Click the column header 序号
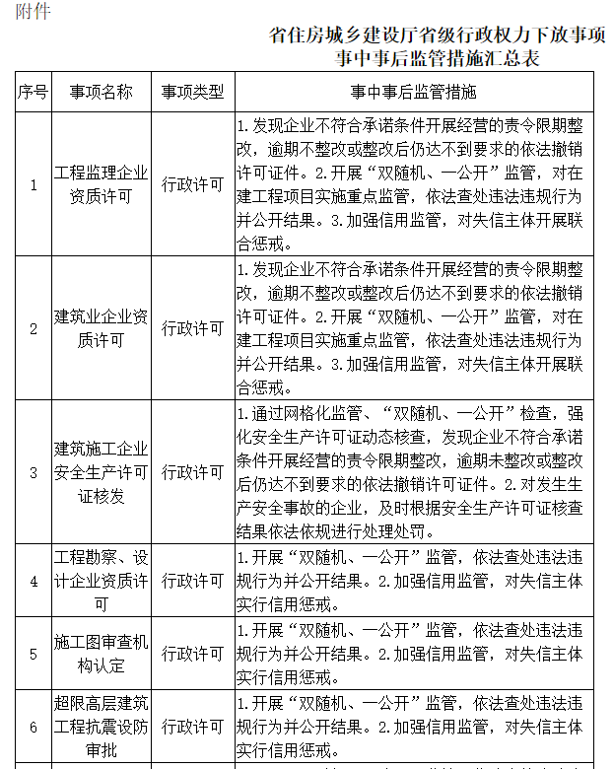coord(33,93)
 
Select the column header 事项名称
coord(101,93)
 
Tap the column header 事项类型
coord(193,93)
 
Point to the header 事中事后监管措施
coord(413,93)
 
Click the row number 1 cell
coord(33,184)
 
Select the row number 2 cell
coord(33,328)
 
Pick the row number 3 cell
coord(33,472)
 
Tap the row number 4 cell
coord(33,581)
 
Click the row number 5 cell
coord(33,654)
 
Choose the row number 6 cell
coord(33,727)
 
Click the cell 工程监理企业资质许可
coord(101,184)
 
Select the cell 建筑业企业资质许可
coord(101,328)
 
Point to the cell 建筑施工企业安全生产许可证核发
coord(101,472)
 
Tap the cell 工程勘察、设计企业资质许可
coord(101,581)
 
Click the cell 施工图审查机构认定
coord(101,654)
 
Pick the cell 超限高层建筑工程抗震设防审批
coord(101,727)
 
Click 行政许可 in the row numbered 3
coord(193,472)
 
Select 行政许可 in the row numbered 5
coord(193,654)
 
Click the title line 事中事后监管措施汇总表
coord(437,59)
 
